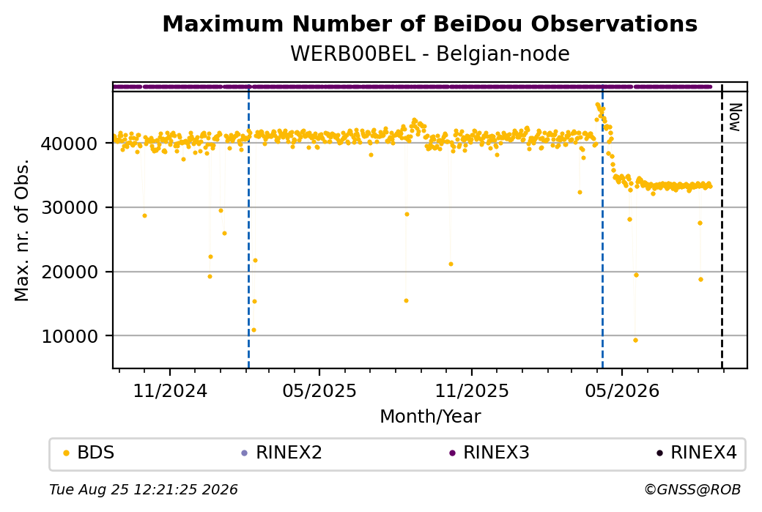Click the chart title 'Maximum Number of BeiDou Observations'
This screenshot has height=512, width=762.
point(429,23)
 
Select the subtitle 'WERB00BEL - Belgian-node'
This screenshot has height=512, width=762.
point(429,53)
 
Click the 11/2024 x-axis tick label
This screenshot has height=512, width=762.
point(170,390)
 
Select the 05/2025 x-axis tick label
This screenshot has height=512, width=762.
point(319,390)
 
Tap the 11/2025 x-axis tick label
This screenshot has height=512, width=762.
point(471,390)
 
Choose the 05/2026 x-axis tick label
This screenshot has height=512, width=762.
point(622,390)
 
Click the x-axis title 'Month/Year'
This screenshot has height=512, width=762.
point(430,417)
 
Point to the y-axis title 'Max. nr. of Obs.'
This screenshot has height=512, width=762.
point(22,230)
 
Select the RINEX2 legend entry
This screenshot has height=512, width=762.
point(282,453)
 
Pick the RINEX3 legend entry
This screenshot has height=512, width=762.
point(489,453)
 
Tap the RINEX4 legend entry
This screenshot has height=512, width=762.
point(697,453)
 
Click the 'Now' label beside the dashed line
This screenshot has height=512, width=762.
point(735,117)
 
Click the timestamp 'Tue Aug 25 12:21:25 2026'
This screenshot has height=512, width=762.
point(144,489)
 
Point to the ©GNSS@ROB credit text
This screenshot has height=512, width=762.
point(693,489)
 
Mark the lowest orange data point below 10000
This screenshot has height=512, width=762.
point(635,340)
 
